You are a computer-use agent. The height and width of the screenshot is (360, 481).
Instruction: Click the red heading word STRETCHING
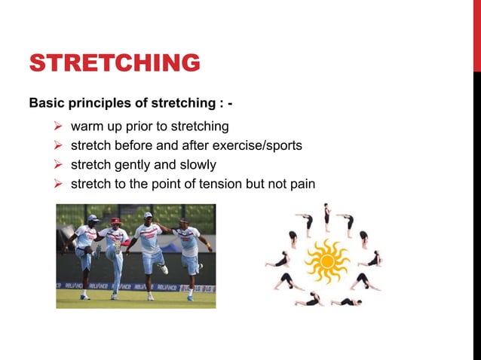coord(115,63)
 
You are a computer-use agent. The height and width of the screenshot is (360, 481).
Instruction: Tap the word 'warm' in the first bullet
coord(87,126)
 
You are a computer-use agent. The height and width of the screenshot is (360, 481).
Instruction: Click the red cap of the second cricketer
coord(115,221)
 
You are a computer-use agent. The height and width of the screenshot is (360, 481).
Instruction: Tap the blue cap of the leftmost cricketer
coord(93,218)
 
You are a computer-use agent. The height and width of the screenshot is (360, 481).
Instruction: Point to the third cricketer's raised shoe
coord(162,269)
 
